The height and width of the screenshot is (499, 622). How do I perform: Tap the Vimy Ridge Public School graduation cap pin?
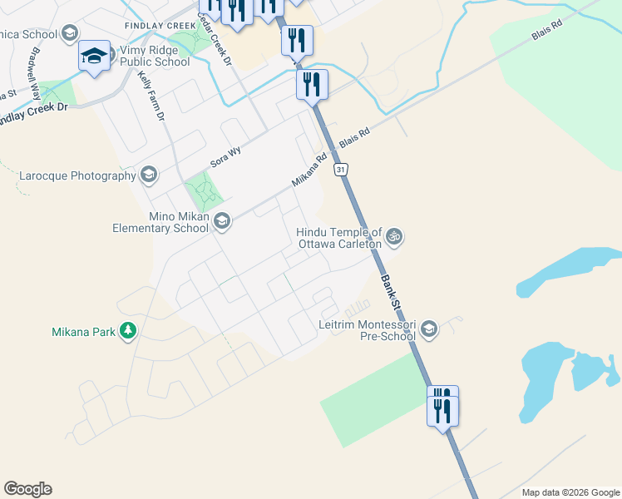tap(94, 57)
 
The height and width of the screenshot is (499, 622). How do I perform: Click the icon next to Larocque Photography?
tap(148, 174)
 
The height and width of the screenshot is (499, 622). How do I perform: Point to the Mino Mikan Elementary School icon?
tap(221, 221)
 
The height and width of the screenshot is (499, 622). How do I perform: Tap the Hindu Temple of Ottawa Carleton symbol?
tap(394, 237)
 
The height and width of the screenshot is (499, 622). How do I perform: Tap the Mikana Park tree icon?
tap(127, 332)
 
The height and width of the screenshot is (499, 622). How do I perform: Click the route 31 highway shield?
tap(341, 170)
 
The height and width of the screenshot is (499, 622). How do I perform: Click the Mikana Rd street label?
tap(309, 169)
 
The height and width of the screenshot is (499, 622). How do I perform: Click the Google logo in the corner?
tap(27, 489)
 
